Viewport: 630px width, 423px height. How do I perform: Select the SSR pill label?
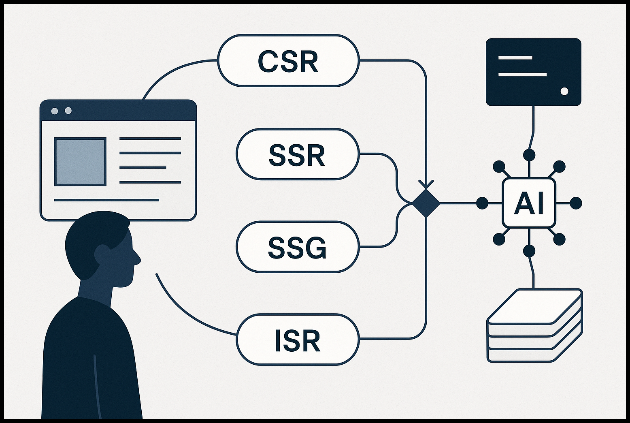click(297, 154)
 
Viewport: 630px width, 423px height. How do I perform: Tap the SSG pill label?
click(297, 247)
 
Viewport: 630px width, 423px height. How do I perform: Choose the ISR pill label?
click(297, 340)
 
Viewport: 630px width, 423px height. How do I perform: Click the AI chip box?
click(529, 203)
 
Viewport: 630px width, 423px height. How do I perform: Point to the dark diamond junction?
click(426, 203)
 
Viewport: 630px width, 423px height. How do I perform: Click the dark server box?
click(533, 72)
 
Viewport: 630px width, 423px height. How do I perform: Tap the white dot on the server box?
click(564, 91)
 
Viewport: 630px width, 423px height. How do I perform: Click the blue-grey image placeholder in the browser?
click(80, 161)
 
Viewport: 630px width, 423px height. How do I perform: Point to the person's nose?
click(138, 257)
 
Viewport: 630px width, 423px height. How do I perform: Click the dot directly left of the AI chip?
click(482, 203)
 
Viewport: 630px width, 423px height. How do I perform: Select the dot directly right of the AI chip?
click(575, 203)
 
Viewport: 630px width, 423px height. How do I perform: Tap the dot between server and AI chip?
click(529, 155)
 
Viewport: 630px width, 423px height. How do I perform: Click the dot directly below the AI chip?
click(529, 251)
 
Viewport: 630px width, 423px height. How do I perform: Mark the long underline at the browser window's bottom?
click(106, 200)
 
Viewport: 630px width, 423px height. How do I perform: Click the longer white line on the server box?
click(522, 75)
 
